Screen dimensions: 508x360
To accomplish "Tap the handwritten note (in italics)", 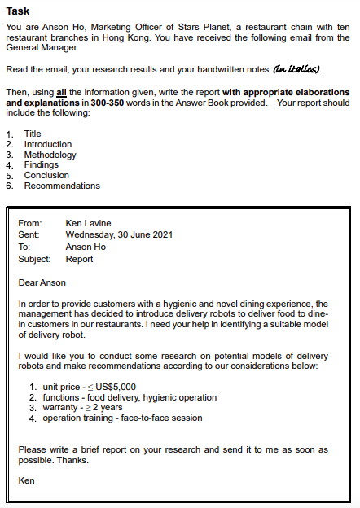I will (x=296, y=68).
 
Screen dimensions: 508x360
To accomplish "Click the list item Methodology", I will (x=50, y=155).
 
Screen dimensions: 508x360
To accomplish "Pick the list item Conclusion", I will (x=46, y=175).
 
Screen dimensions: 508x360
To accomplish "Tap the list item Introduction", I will (x=48, y=144).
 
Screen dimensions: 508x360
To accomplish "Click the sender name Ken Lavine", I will (x=88, y=223).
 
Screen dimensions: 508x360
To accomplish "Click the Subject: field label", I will (x=34, y=259).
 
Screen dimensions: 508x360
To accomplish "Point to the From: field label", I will (x=29, y=223).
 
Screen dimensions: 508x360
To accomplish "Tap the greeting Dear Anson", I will (x=42, y=282).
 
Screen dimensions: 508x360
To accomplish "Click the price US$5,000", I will (x=115, y=387).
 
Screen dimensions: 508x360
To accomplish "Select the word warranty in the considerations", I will (x=61, y=408).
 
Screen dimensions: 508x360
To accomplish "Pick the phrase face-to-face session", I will (x=162, y=418).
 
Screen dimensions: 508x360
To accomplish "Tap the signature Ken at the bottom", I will (x=27, y=480).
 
